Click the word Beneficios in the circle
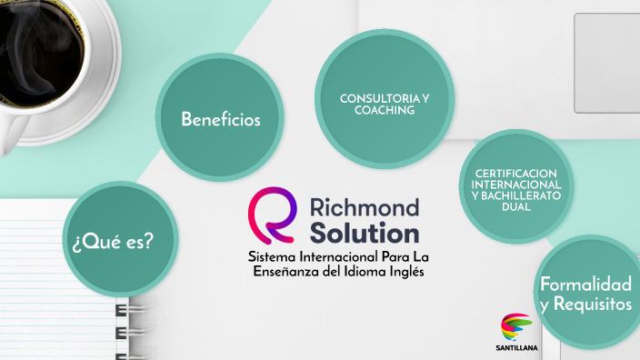tap(221, 119)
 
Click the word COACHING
tap(385, 110)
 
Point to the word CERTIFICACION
tap(517, 174)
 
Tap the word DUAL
tap(516, 206)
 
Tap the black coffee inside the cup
tap(41, 41)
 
